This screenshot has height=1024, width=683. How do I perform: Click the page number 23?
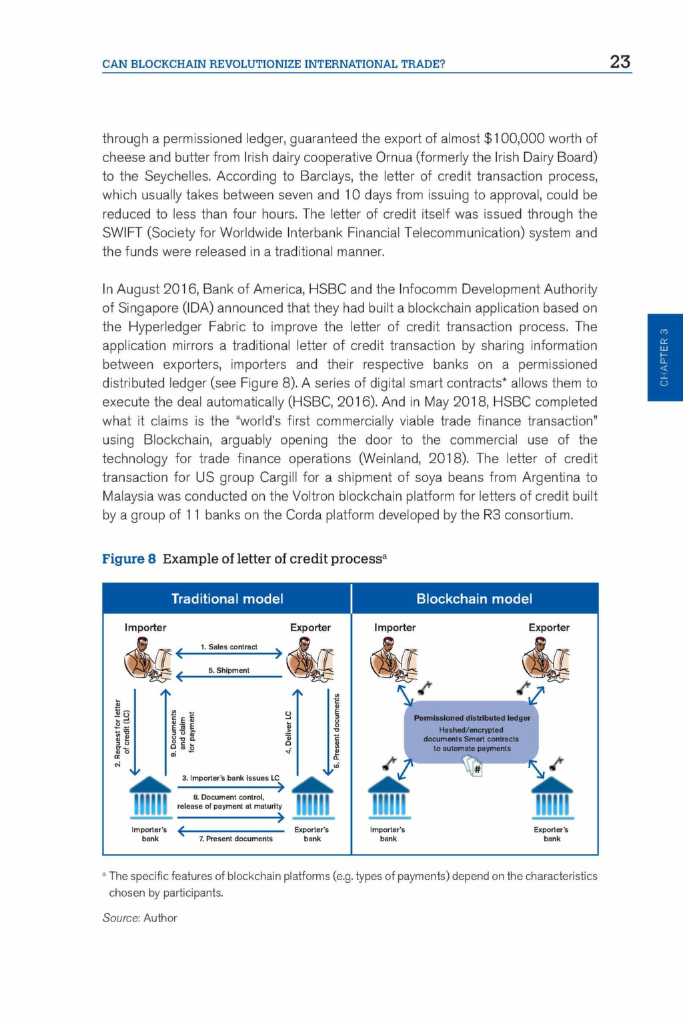tap(620, 62)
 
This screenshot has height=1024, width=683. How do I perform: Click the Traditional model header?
tap(227, 599)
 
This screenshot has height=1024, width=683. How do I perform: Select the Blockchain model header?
tap(474, 599)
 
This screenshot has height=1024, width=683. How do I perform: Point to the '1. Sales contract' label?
tap(229, 647)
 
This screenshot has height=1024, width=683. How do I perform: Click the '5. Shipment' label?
tap(229, 670)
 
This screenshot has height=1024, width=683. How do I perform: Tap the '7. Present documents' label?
tap(235, 839)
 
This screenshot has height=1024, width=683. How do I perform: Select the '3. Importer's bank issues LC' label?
tap(230, 778)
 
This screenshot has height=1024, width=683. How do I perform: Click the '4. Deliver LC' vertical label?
tap(289, 732)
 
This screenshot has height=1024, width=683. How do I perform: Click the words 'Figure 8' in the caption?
tap(129, 559)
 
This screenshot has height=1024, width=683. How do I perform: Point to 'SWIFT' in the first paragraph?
tap(120, 233)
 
